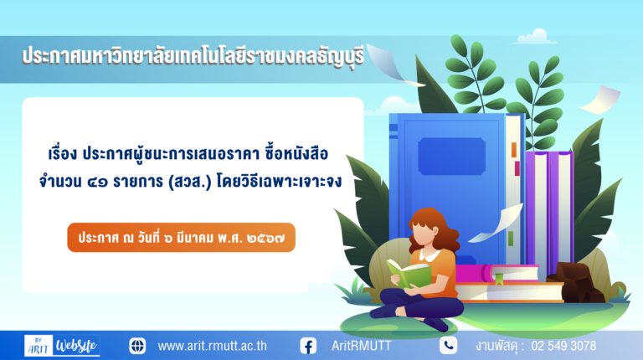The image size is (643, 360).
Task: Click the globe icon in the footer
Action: tap(137, 346)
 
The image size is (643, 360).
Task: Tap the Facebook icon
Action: tap(308, 346)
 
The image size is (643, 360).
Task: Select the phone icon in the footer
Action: tap(448, 345)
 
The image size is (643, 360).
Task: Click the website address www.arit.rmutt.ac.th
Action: tap(212, 346)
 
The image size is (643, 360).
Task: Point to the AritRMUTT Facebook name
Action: tap(362, 346)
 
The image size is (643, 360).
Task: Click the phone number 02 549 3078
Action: tap(563, 346)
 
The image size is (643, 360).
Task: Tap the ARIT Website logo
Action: tap(62, 345)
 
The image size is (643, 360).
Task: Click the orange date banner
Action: tap(181, 238)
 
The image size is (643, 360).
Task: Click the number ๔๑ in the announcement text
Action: tap(98, 182)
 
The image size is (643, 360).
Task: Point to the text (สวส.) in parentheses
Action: tap(190, 182)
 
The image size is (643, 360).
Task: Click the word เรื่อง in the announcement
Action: tap(63, 154)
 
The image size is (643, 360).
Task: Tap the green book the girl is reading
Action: tap(409, 273)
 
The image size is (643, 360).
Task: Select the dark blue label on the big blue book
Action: tap(451, 157)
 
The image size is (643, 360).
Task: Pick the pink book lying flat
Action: tap(496, 274)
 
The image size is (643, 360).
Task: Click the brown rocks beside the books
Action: tap(576, 282)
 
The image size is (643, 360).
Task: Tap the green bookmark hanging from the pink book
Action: tap(499, 280)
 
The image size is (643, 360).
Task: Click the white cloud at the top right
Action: tap(536, 37)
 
